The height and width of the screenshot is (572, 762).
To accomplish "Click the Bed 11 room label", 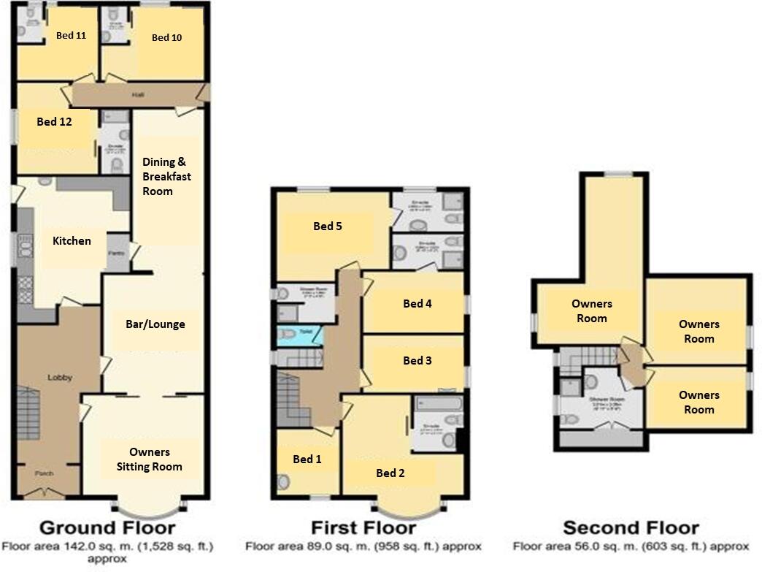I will [71, 35].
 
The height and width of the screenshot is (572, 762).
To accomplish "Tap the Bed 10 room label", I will [166, 38].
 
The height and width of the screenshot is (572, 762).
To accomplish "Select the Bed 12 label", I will [54, 122].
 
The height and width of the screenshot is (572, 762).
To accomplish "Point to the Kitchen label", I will [72, 240].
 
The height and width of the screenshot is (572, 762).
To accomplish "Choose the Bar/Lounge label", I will [154, 324].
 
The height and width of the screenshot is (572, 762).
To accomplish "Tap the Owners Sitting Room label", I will [150, 459].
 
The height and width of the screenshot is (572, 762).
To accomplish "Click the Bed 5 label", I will [328, 226].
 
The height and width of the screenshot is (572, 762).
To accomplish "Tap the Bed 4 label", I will [417, 303].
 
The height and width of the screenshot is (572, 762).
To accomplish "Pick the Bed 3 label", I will [417, 360].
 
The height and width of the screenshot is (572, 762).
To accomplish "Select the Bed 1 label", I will [307, 459].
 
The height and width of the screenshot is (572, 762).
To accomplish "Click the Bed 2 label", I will [390, 473].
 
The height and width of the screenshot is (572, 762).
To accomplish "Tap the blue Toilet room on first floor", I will [299, 332].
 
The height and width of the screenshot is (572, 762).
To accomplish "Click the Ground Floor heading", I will [107, 527].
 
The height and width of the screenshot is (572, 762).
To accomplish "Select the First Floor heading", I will [363, 527].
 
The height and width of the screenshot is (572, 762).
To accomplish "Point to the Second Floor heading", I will [631, 527].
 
